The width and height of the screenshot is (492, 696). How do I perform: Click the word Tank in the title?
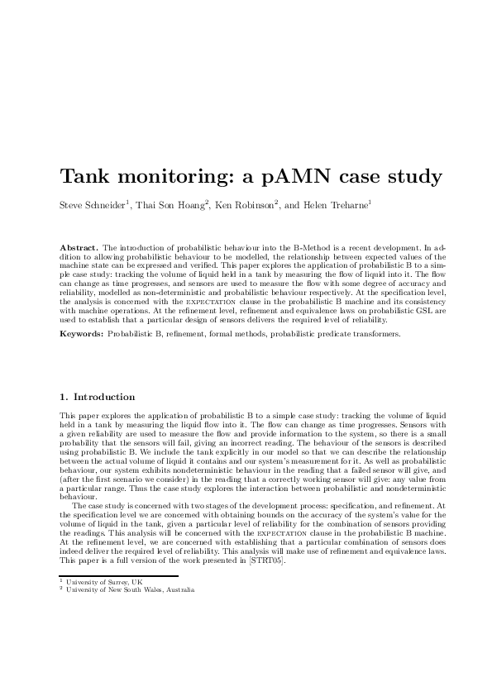click(x=84, y=178)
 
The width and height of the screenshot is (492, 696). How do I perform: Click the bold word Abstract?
click(x=79, y=247)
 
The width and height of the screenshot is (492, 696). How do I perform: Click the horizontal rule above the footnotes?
click(x=119, y=575)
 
